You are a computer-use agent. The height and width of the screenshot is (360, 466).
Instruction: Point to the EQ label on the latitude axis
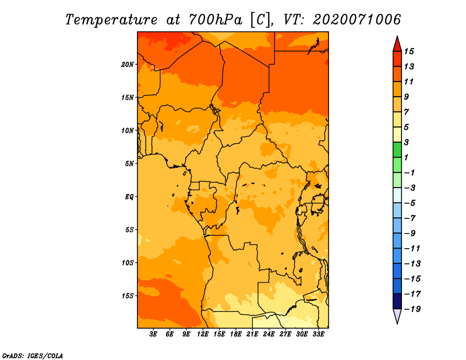point(129,196)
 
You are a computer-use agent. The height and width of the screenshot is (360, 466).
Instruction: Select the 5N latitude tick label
point(129,163)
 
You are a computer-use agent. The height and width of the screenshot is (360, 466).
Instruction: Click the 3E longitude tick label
point(154,334)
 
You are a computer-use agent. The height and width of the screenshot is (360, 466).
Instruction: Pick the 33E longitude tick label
point(319,334)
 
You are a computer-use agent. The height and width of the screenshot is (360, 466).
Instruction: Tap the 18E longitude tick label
point(236,334)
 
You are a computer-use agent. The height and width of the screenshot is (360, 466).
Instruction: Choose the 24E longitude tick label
point(269,334)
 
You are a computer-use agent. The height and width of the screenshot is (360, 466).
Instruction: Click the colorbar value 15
point(409,51)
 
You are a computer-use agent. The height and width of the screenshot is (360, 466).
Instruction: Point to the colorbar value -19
point(412,309)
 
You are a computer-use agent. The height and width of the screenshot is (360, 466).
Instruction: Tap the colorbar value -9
point(409,233)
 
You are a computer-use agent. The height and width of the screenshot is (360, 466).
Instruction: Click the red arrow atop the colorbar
point(397,44)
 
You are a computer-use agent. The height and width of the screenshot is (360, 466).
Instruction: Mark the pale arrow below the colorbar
point(397,316)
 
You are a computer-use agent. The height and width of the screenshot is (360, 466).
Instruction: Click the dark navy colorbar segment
point(397,301)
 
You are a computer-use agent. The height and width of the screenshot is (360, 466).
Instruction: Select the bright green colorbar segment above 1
point(397,150)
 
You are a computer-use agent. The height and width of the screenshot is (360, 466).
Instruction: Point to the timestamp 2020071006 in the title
point(356,19)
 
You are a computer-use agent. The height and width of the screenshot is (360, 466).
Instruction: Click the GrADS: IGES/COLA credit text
point(32,355)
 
